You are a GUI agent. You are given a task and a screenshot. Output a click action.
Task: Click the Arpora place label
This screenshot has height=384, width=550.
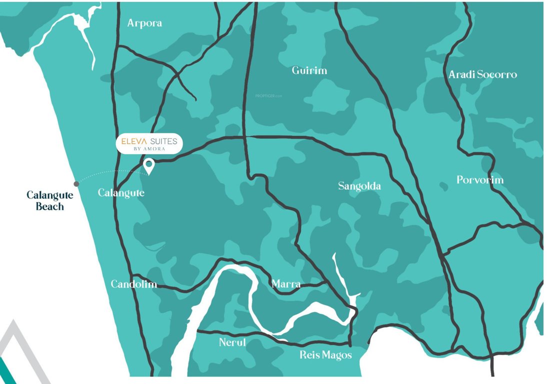point(144,23)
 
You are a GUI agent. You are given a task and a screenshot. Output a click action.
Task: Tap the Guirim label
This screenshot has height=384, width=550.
point(309,70)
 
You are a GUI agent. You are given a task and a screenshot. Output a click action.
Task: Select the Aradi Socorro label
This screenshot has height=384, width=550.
point(482,74)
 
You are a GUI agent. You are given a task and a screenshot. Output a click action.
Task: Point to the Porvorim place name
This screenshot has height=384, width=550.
point(480,180)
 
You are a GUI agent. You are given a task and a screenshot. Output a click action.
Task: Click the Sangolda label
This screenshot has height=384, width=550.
point(359,186)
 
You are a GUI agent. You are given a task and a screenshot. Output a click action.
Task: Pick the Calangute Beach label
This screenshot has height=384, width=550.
point(50,200)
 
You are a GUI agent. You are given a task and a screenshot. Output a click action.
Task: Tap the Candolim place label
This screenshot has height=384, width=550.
point(133,284)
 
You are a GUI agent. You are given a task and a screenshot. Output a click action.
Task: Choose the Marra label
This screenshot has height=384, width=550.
point(286,284)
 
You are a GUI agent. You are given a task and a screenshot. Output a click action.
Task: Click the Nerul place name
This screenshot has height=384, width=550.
point(233,342)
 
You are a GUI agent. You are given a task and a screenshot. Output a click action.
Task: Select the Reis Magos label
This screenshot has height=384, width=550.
point(325,355)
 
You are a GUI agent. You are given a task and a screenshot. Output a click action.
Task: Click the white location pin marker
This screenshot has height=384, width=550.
point(148,165)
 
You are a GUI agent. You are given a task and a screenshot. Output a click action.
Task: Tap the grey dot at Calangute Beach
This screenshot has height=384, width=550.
point(76,184)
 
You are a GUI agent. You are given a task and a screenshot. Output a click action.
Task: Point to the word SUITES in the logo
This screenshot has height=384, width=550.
point(164,141)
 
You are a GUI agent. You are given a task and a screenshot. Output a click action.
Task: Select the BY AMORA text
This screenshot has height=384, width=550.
point(149,149)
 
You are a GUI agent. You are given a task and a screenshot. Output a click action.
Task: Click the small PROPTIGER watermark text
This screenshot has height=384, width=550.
point(269,95)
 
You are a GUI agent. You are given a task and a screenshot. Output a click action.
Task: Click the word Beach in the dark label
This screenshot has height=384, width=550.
point(50,206)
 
